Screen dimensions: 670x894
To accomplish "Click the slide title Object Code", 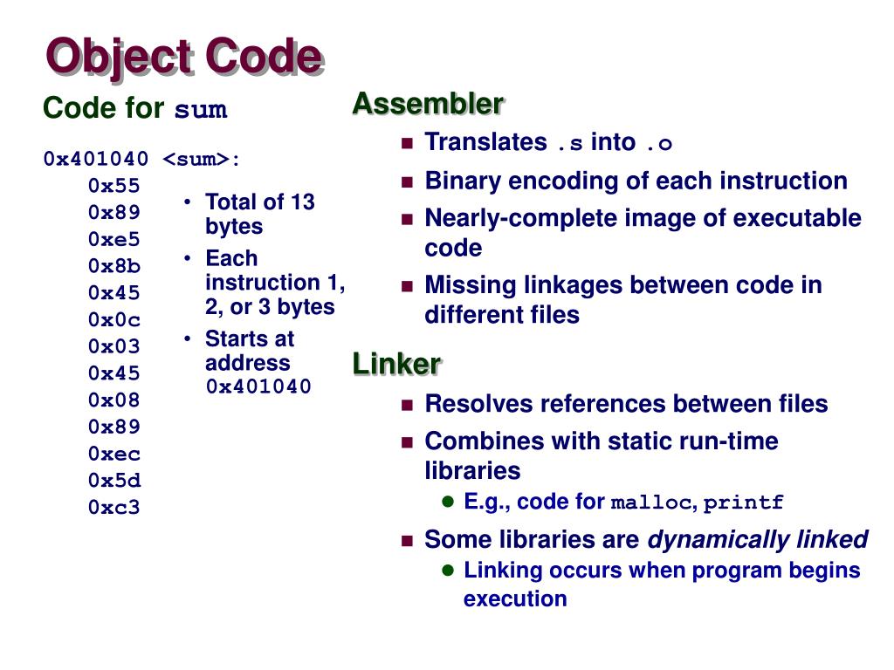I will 184,57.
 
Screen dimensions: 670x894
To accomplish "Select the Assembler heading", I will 428,104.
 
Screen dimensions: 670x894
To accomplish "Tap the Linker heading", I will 396,363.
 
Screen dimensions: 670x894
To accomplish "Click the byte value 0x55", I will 113,186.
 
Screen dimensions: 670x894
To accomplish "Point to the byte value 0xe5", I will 113,239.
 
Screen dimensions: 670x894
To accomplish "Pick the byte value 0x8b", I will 113,266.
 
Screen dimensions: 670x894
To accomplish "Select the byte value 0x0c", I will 113,319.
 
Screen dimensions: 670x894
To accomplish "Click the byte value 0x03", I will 113,346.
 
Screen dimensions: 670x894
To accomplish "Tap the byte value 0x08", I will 113,400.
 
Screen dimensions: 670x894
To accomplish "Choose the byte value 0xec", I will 113,454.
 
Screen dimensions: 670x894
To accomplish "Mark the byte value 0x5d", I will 113,481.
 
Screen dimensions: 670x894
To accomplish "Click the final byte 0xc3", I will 113,507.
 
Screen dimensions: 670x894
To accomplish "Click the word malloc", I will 651,502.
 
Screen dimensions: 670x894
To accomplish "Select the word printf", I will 744,502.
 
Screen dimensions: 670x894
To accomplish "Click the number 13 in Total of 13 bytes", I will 302,202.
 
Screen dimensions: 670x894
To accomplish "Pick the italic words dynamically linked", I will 757,540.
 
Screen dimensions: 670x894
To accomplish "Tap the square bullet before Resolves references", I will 406,405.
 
